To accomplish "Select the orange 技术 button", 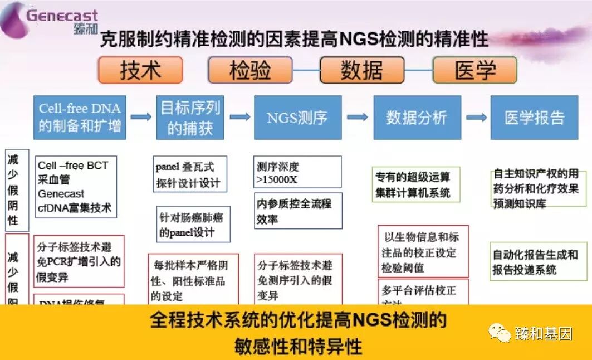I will coord(140,70).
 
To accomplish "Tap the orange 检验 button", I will coord(250,70).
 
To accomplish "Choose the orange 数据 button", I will coord(362,70).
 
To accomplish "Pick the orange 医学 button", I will coord(474,70).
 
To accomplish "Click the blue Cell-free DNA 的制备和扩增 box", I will coord(80,117).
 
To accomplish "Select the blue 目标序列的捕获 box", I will coord(190,117).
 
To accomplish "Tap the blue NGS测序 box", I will coord(297,118).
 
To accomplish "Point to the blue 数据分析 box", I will coord(417,118).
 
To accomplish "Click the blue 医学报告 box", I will coord(534,118).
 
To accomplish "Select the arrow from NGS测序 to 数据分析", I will coord(357,117).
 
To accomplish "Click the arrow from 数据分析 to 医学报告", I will coord(476,117).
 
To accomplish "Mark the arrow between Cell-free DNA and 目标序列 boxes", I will coord(141,116).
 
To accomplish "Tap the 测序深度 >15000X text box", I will coord(297,172).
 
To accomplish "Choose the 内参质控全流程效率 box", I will coord(297,211).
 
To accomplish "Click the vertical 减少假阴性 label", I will coord(13,189).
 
